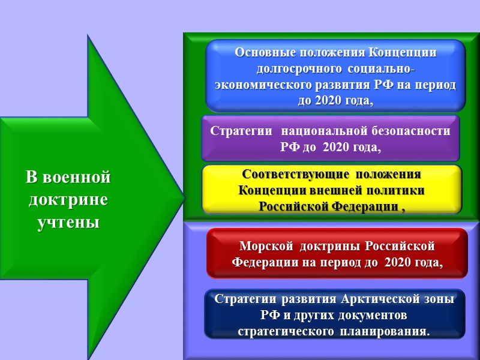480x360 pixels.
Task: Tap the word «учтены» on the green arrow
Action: [68, 223]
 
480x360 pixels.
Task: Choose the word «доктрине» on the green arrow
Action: [68, 200]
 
